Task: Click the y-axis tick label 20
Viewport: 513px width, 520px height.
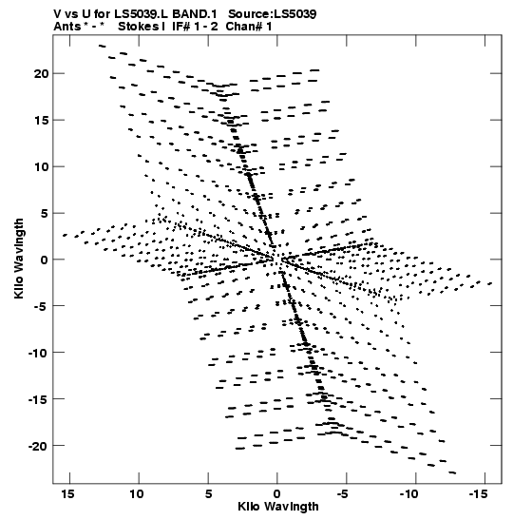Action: (41, 73)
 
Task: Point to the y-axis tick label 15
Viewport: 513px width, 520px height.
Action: (41, 121)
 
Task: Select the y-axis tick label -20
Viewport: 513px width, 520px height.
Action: (38, 447)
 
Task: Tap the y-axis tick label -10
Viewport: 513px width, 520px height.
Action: (38, 354)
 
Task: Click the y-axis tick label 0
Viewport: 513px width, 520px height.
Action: (45, 260)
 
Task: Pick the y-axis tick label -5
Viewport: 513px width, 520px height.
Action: (42, 306)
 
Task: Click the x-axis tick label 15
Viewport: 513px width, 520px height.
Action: (67, 494)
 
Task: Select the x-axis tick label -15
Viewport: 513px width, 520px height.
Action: (478, 494)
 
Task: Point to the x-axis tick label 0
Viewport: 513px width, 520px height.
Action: (277, 494)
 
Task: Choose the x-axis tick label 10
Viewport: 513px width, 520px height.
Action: (137, 494)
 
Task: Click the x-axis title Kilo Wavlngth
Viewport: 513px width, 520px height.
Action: (278, 507)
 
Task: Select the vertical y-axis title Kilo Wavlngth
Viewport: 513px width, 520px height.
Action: (19, 259)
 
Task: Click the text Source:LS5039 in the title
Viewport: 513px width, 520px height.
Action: (273, 14)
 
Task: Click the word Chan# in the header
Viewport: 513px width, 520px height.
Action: (244, 27)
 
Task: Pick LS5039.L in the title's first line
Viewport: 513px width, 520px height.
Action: (142, 14)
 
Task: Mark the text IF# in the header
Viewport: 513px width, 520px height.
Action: (180, 27)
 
